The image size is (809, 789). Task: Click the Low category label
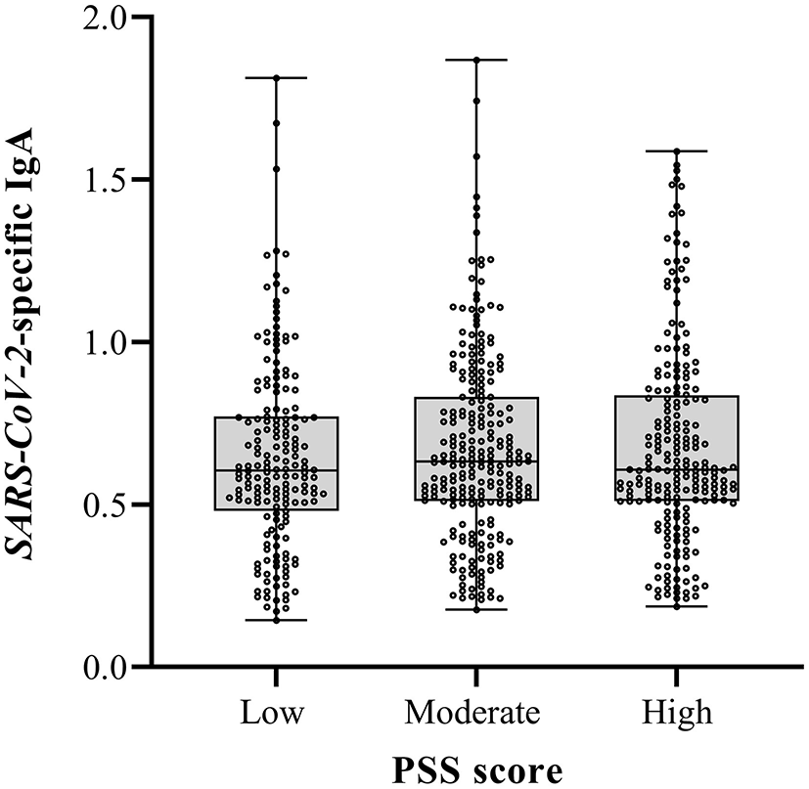pyautogui.click(x=276, y=712)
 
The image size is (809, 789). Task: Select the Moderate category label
pyautogui.click(x=475, y=712)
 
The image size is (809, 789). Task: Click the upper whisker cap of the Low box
pyautogui.click(x=276, y=77)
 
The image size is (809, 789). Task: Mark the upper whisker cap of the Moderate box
pyautogui.click(x=476, y=60)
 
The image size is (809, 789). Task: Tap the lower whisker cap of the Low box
pyautogui.click(x=276, y=620)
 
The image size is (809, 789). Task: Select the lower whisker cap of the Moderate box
pyautogui.click(x=476, y=609)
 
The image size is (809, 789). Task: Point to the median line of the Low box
pyautogui.click(x=276, y=470)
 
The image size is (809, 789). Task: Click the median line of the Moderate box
pyautogui.click(x=476, y=460)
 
